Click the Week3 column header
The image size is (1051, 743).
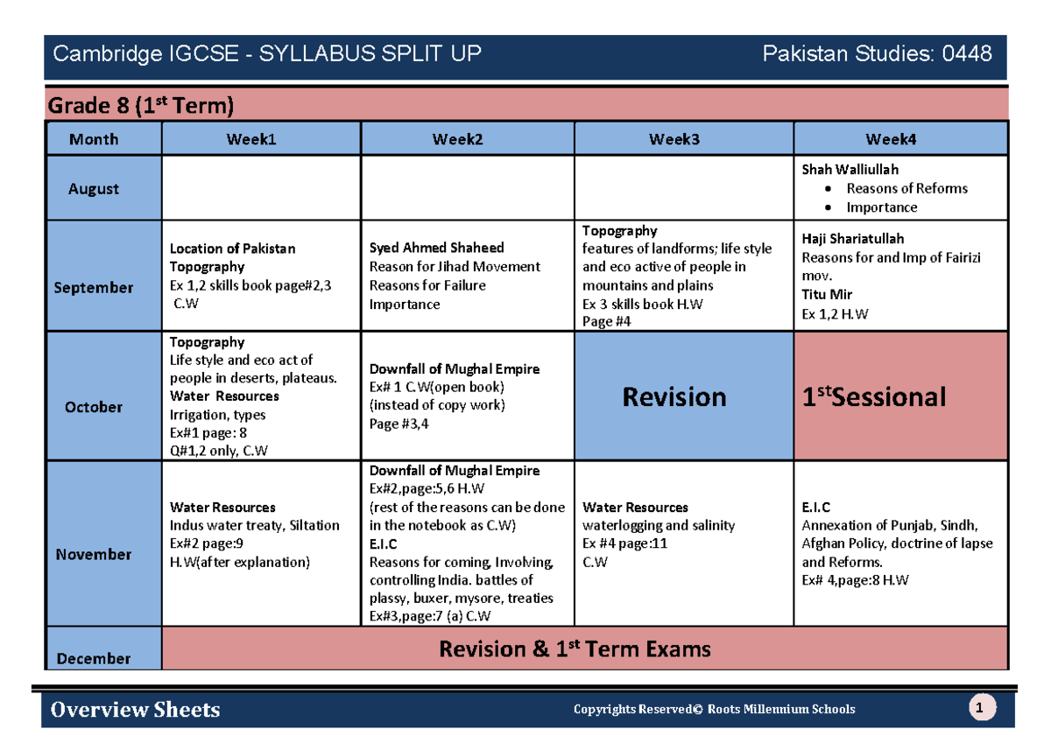[x=674, y=138]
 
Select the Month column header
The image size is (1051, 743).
[x=94, y=139]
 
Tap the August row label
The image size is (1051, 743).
[x=94, y=188]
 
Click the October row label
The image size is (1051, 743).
[x=94, y=406]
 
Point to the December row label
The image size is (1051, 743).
[x=94, y=658]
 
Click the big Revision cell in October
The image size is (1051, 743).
[x=674, y=396]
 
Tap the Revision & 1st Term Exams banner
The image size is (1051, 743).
[x=575, y=648]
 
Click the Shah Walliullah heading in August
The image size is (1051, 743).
[x=850, y=169]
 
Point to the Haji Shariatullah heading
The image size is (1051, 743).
[x=853, y=238]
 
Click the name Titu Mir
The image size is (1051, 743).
[x=827, y=294]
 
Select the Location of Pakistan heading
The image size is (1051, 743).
[x=232, y=248]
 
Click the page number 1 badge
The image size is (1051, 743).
[x=983, y=708]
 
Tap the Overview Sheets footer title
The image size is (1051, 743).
[x=136, y=709]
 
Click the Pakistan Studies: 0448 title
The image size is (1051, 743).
[x=877, y=54]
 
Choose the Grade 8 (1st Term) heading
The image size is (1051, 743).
[x=140, y=107]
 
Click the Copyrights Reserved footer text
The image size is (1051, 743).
[x=714, y=709]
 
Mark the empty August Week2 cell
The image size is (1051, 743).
[x=468, y=188]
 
